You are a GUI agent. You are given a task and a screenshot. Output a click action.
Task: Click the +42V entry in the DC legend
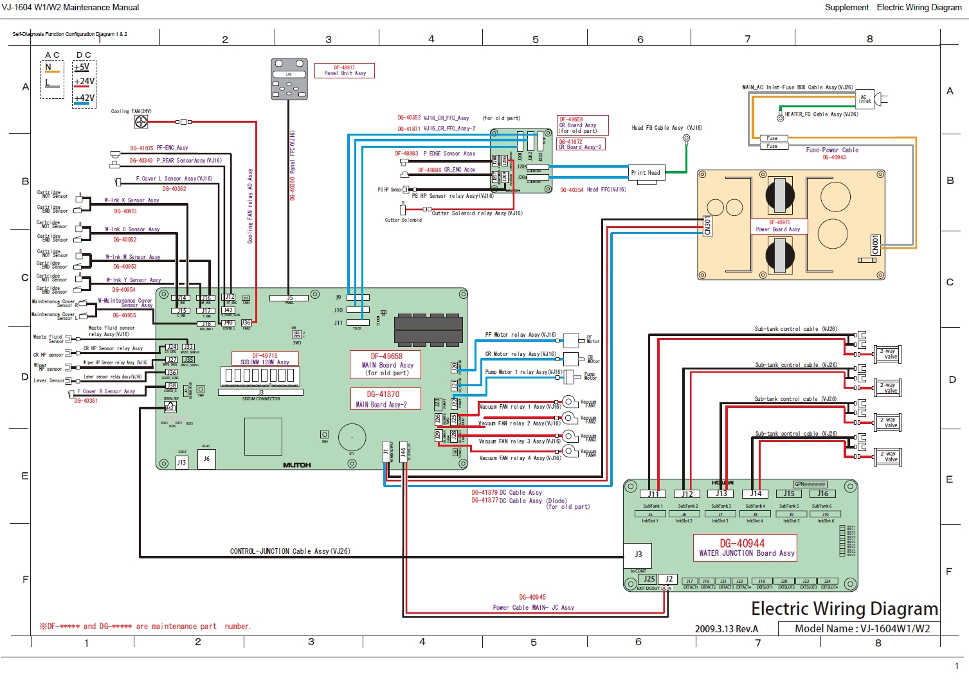pyautogui.click(x=84, y=98)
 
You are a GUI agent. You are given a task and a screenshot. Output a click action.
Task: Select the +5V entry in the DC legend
pyautogui.click(x=82, y=67)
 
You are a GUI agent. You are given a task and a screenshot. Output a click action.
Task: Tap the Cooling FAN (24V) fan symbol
pyautogui.click(x=141, y=121)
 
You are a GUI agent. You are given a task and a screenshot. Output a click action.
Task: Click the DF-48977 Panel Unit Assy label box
pyautogui.click(x=345, y=70)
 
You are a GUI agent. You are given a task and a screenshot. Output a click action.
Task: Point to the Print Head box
pyautogui.click(x=646, y=173)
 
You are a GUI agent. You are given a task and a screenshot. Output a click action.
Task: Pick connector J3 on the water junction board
pyautogui.click(x=638, y=555)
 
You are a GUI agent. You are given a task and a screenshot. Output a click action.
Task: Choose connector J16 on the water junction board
pyautogui.click(x=823, y=494)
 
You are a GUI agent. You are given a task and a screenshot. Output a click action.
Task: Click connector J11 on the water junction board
pyautogui.click(x=653, y=494)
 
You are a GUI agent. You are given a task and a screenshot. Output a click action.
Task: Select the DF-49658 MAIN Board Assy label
pyautogui.click(x=386, y=364)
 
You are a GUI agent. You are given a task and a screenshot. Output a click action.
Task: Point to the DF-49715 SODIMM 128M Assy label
pyautogui.click(x=265, y=359)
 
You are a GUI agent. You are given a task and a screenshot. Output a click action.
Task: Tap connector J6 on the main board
pyautogui.click(x=206, y=459)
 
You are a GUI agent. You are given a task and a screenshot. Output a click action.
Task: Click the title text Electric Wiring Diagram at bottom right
pyautogui.click(x=844, y=609)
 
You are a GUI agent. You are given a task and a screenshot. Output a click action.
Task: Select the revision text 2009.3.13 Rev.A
pyautogui.click(x=726, y=629)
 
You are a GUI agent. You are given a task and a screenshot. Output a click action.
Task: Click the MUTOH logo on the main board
pyautogui.click(x=296, y=465)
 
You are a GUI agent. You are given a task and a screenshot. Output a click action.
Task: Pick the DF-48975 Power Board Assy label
pyautogui.click(x=779, y=226)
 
